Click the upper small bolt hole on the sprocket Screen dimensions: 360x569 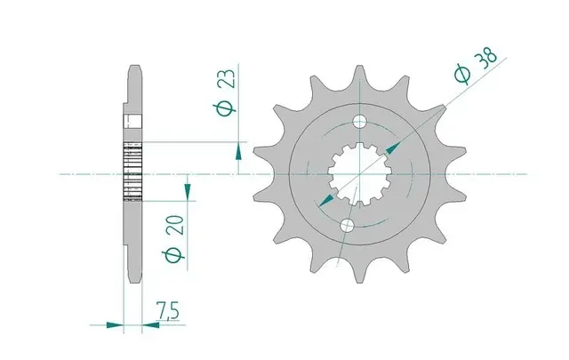coord(361,120)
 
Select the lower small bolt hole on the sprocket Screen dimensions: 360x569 coord(348,228)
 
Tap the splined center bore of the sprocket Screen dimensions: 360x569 coord(355,174)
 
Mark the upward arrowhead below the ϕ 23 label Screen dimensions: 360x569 coord(238,152)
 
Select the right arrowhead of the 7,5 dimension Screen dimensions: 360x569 coord(148,325)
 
